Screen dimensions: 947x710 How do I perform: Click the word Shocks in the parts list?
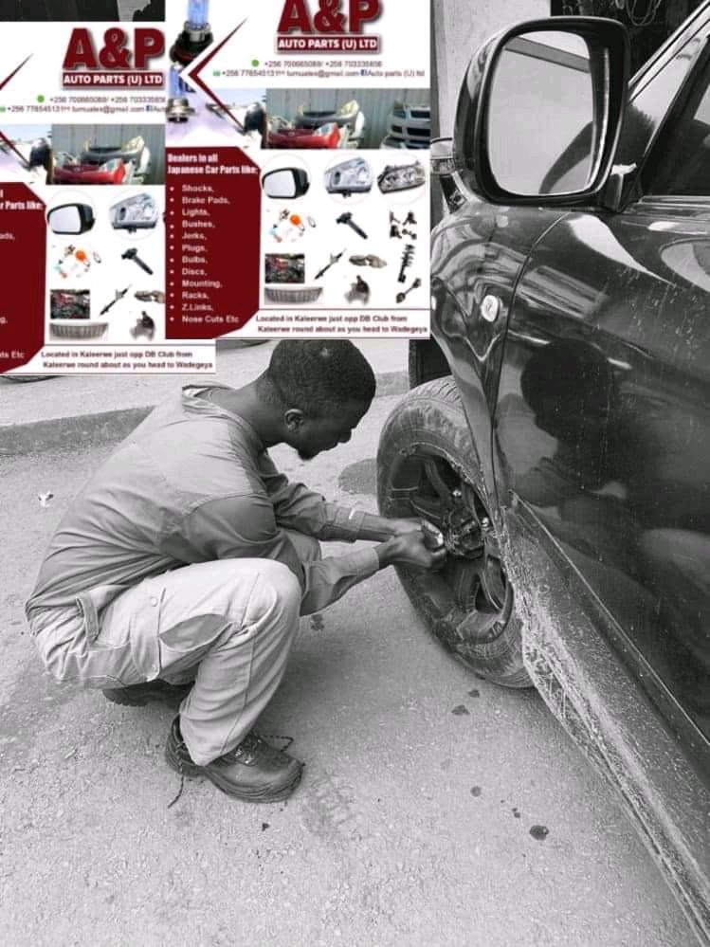coord(197,189)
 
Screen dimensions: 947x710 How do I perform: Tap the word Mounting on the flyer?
coord(203,282)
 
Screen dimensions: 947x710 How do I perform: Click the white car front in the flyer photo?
coord(408,126)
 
